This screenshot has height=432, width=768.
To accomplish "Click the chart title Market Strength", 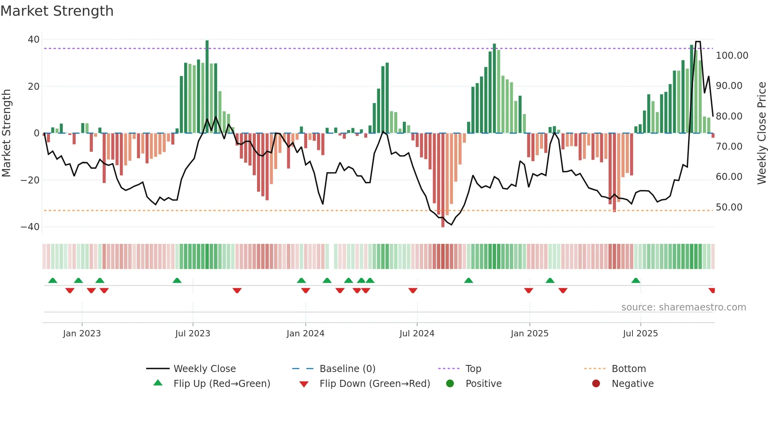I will click(57, 11).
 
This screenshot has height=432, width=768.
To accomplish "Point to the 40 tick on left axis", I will click(34, 40).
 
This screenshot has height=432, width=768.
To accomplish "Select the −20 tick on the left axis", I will click(30, 180).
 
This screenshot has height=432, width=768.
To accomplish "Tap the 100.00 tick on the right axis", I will click(732, 56).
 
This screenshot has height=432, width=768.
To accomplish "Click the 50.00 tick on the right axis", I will click(729, 207).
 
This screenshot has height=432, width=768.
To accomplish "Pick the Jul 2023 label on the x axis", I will click(192, 334).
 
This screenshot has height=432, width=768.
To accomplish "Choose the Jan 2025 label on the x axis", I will click(529, 334).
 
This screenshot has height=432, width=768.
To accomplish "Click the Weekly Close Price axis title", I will click(761, 133).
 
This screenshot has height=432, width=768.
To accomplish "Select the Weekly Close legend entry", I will click(204, 369).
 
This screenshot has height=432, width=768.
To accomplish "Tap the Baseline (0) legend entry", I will click(347, 369).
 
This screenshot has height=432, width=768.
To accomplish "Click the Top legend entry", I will click(473, 369).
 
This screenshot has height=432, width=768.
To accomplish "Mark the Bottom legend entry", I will click(629, 369).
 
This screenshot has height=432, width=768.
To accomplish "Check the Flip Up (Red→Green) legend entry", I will click(221, 384).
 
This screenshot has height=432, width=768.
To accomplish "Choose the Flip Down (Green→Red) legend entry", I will click(374, 384).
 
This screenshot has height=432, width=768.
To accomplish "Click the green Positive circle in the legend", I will click(450, 384).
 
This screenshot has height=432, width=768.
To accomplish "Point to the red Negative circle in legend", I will click(596, 384).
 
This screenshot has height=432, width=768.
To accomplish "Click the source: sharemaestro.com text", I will click(683, 307).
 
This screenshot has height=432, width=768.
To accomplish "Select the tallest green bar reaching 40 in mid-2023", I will click(207, 86).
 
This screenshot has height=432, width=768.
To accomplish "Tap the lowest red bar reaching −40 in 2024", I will click(443, 180).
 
